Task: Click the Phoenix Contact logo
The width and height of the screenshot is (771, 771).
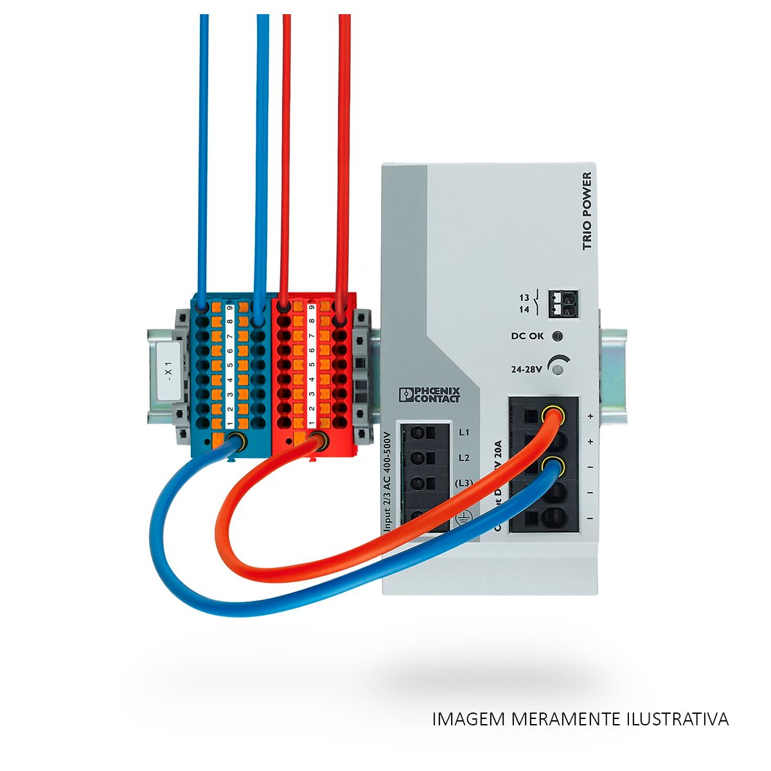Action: [429, 394]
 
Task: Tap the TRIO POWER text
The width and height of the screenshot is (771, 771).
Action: [585, 213]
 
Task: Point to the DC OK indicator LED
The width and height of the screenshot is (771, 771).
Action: [558, 336]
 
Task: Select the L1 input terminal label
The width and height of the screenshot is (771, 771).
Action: [464, 432]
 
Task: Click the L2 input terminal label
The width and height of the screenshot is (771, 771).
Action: [464, 457]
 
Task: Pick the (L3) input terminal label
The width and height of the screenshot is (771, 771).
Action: [464, 483]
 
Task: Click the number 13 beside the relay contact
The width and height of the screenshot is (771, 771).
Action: [524, 297]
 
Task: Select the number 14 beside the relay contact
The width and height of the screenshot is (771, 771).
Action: [524, 309]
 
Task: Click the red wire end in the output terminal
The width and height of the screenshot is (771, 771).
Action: [552, 416]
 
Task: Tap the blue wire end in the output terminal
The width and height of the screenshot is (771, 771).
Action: [552, 466]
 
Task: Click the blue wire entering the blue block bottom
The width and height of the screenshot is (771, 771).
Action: [235, 441]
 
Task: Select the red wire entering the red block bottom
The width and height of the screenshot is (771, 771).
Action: [317, 441]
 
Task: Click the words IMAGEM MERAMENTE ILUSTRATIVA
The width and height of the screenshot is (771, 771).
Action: [581, 719]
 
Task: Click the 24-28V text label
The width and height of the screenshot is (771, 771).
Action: [526, 369]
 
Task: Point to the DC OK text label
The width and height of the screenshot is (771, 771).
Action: [527, 336]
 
